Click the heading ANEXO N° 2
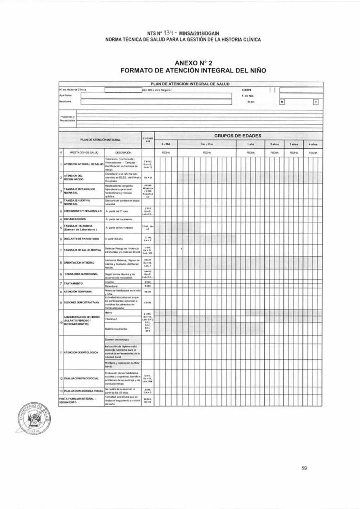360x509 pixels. pyautogui.click(x=193, y=63)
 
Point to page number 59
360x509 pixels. pyautogui.click(x=304, y=468)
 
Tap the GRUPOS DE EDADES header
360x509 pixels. pyautogui.click(x=237, y=136)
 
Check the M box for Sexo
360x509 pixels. pyautogui.click(x=282, y=102)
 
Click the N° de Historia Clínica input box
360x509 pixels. pyautogui.click(x=123, y=90)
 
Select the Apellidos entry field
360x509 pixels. pyautogui.click(x=156, y=96)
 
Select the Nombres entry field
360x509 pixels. pyautogui.click(x=156, y=102)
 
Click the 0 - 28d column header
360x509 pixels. pyautogui.click(x=166, y=144)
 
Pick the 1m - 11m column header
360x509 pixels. pyautogui.click(x=207, y=144)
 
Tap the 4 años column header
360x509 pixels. pyautogui.click(x=313, y=144)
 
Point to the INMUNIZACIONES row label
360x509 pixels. pyautogui.click(x=75, y=219)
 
